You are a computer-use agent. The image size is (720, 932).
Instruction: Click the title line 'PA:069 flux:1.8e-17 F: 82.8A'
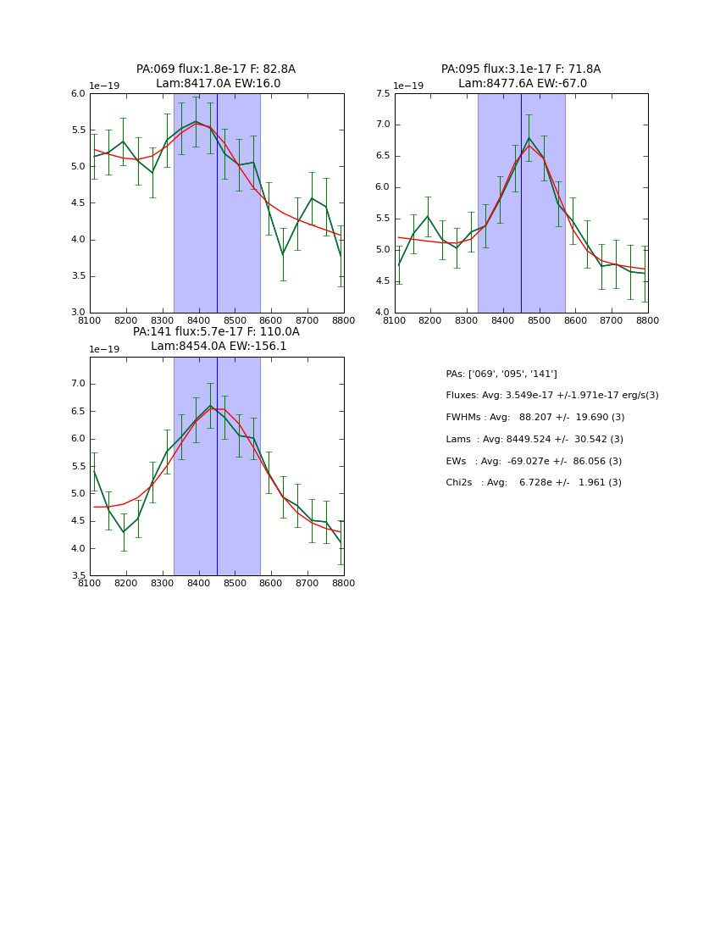216,69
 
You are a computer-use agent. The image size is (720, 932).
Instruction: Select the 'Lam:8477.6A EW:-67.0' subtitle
522,84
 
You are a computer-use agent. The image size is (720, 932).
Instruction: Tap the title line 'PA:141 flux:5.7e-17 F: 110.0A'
216,332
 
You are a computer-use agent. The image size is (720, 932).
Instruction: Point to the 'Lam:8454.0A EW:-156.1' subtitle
219,347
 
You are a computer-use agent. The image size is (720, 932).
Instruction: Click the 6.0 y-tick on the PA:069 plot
77,94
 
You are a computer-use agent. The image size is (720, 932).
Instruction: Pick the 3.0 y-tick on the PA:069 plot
77,313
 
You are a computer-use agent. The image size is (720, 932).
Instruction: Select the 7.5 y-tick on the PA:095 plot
382,94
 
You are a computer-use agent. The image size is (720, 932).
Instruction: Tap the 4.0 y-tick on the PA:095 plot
382,313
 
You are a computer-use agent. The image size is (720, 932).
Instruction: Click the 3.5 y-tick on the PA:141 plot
77,576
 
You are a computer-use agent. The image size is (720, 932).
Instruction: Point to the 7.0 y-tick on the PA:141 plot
77,384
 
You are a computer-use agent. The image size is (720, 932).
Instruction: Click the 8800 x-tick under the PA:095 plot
648,320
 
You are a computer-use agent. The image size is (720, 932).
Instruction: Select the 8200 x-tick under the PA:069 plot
126,320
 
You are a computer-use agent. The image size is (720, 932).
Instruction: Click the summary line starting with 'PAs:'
501,374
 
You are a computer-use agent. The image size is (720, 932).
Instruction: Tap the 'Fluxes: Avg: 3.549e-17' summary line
551,396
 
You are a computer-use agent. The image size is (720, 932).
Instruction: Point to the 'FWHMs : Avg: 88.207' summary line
534,418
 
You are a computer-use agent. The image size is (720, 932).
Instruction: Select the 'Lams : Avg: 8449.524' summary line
534,440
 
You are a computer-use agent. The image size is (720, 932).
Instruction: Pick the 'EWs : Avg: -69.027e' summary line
533,462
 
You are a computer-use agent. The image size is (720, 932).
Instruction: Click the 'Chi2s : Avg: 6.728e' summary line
533,483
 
